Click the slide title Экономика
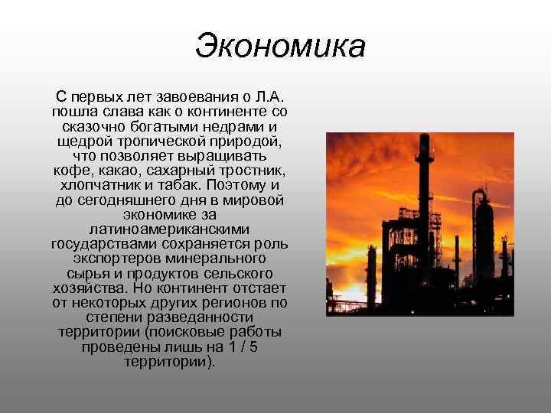[280, 45]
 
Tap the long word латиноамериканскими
[169, 229]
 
